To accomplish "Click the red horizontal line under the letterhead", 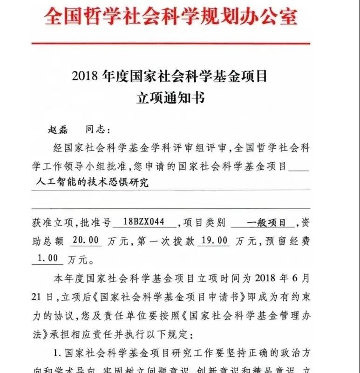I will pos(170,43).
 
